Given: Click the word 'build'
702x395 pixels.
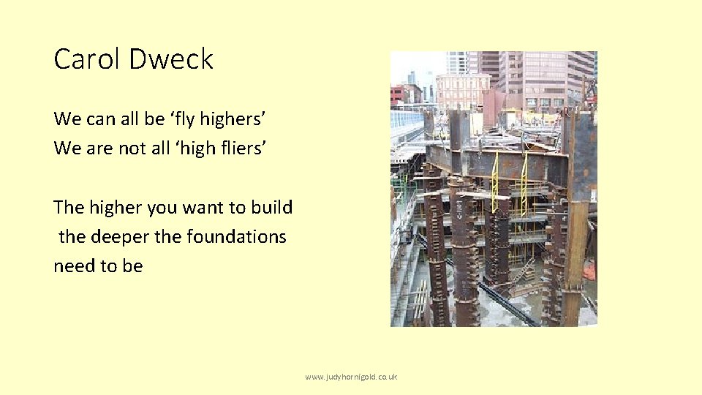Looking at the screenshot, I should (271, 207).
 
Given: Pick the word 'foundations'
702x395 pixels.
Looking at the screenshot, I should (236, 237).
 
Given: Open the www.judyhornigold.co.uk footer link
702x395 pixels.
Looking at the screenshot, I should (351, 377).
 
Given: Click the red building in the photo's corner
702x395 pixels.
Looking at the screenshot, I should (399, 94).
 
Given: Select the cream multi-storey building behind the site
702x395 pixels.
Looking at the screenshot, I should (461, 91).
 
